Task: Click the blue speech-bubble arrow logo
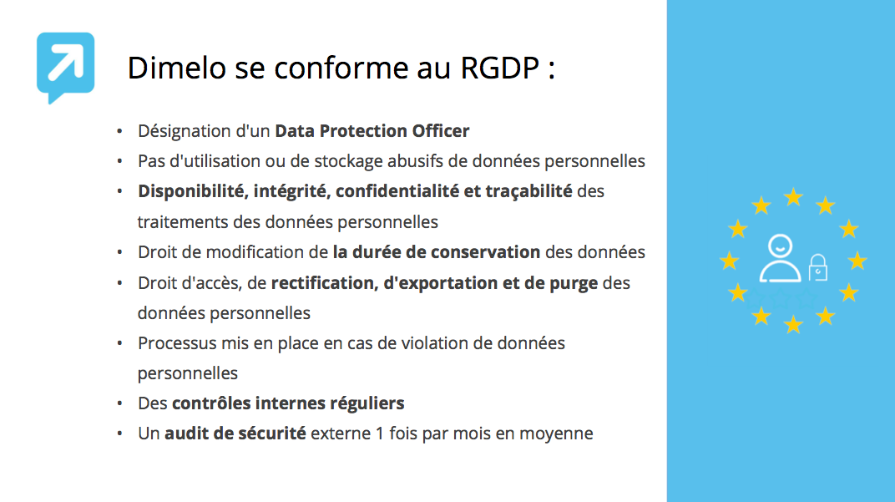pos(65,67)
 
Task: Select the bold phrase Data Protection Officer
pos(372,131)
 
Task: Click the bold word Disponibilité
pos(190,191)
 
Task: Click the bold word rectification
pos(323,283)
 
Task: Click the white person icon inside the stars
pos(780,260)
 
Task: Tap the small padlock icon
pos(818,267)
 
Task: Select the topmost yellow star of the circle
pos(793,197)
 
